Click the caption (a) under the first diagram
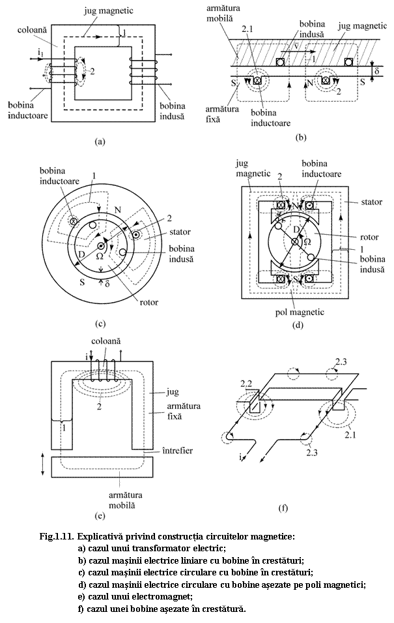99,140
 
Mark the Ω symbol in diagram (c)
100,256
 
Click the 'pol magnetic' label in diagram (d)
299,312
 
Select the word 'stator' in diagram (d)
372,203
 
